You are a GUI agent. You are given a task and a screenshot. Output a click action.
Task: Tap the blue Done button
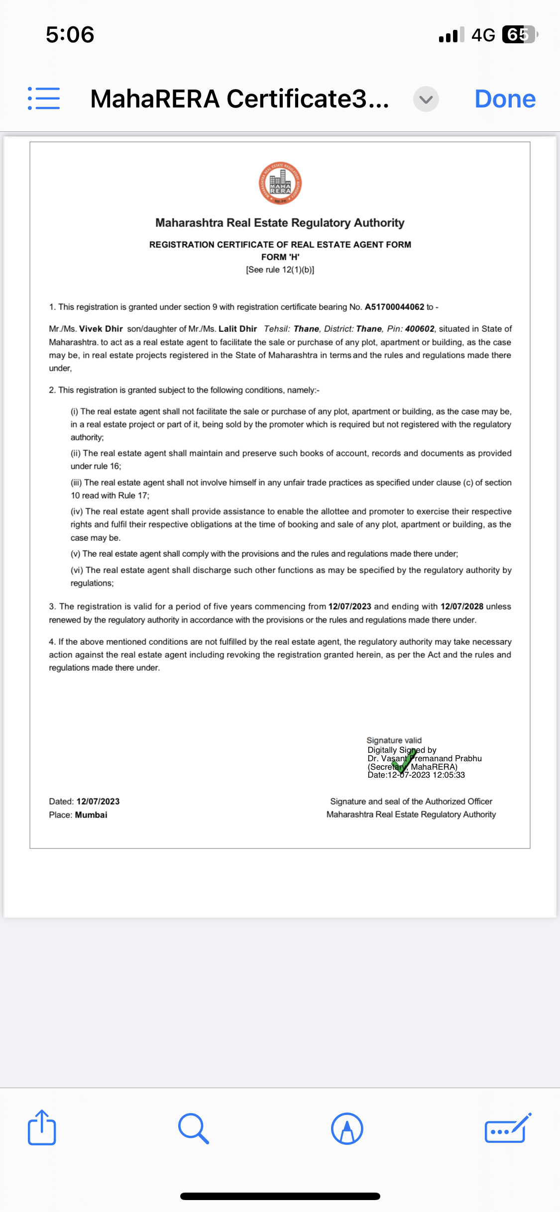click(x=505, y=99)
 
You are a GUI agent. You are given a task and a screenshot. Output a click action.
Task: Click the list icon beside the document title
click(x=44, y=99)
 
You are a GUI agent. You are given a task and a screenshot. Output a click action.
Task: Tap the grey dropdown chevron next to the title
click(x=426, y=99)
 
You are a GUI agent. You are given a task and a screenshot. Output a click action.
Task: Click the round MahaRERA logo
click(x=280, y=183)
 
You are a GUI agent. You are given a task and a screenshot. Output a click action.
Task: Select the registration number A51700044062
click(x=394, y=307)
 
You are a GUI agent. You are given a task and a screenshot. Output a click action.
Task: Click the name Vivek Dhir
click(x=101, y=329)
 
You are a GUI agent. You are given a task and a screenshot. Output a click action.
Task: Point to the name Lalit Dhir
click(x=237, y=329)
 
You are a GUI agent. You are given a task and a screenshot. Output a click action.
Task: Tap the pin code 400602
click(x=420, y=329)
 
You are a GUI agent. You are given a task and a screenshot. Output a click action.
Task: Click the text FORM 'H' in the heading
click(x=280, y=257)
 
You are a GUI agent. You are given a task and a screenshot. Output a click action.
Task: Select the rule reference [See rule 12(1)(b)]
click(x=280, y=270)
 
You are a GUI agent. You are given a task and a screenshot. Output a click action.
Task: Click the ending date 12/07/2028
click(x=462, y=606)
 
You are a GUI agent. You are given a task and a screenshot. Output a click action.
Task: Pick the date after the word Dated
click(x=98, y=802)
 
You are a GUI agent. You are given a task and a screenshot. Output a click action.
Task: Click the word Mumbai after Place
click(x=91, y=815)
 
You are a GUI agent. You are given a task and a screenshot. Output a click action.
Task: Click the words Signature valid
click(x=394, y=740)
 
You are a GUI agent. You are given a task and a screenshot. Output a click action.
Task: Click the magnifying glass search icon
click(x=194, y=1128)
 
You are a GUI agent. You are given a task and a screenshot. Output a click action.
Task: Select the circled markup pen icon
click(x=347, y=1128)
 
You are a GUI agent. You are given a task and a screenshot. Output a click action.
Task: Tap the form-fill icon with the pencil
click(x=507, y=1128)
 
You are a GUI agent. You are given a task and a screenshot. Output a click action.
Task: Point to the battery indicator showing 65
click(x=519, y=35)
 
